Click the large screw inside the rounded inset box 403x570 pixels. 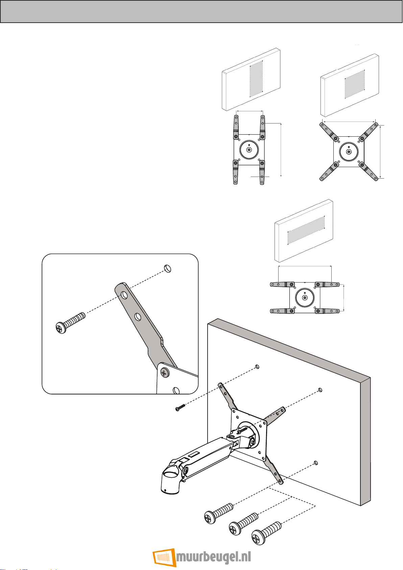pyautogui.click(x=70, y=322)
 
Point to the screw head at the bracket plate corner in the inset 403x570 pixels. pyautogui.click(x=165, y=373)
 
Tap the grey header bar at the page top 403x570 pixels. pyautogui.click(x=201, y=12)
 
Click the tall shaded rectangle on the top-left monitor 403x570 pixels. pyautogui.click(x=256, y=78)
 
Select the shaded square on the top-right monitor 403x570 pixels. pyautogui.click(x=355, y=84)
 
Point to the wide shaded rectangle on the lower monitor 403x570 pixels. pyautogui.click(x=306, y=230)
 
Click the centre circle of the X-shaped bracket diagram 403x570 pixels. pyautogui.click(x=349, y=152)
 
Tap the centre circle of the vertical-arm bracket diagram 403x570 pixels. pyautogui.click(x=249, y=150)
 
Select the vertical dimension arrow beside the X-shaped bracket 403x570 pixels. pyautogui.click(x=380, y=152)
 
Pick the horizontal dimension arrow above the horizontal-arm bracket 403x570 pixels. pyautogui.click(x=305, y=266)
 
